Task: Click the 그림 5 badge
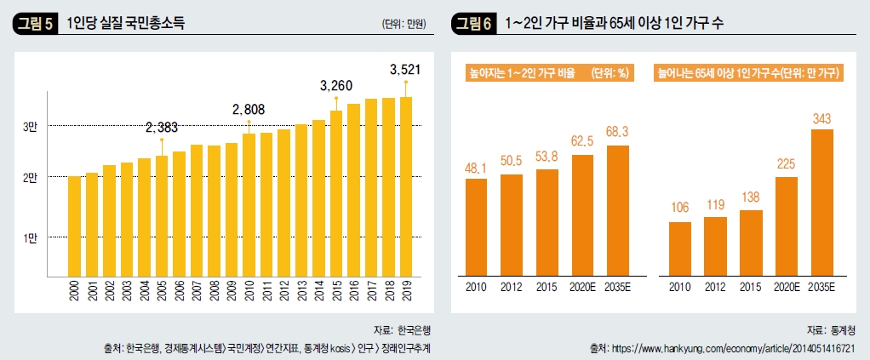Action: click(x=35, y=24)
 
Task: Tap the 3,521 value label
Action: click(x=405, y=69)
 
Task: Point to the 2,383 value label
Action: click(x=162, y=128)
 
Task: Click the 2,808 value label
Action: click(x=249, y=110)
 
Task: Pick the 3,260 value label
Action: click(x=335, y=86)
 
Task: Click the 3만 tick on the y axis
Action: click(x=30, y=126)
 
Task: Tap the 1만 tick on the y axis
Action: click(x=30, y=237)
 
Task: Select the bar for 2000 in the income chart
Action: click(x=74, y=226)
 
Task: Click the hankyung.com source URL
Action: click(x=733, y=349)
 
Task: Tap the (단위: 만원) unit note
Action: click(x=404, y=24)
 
